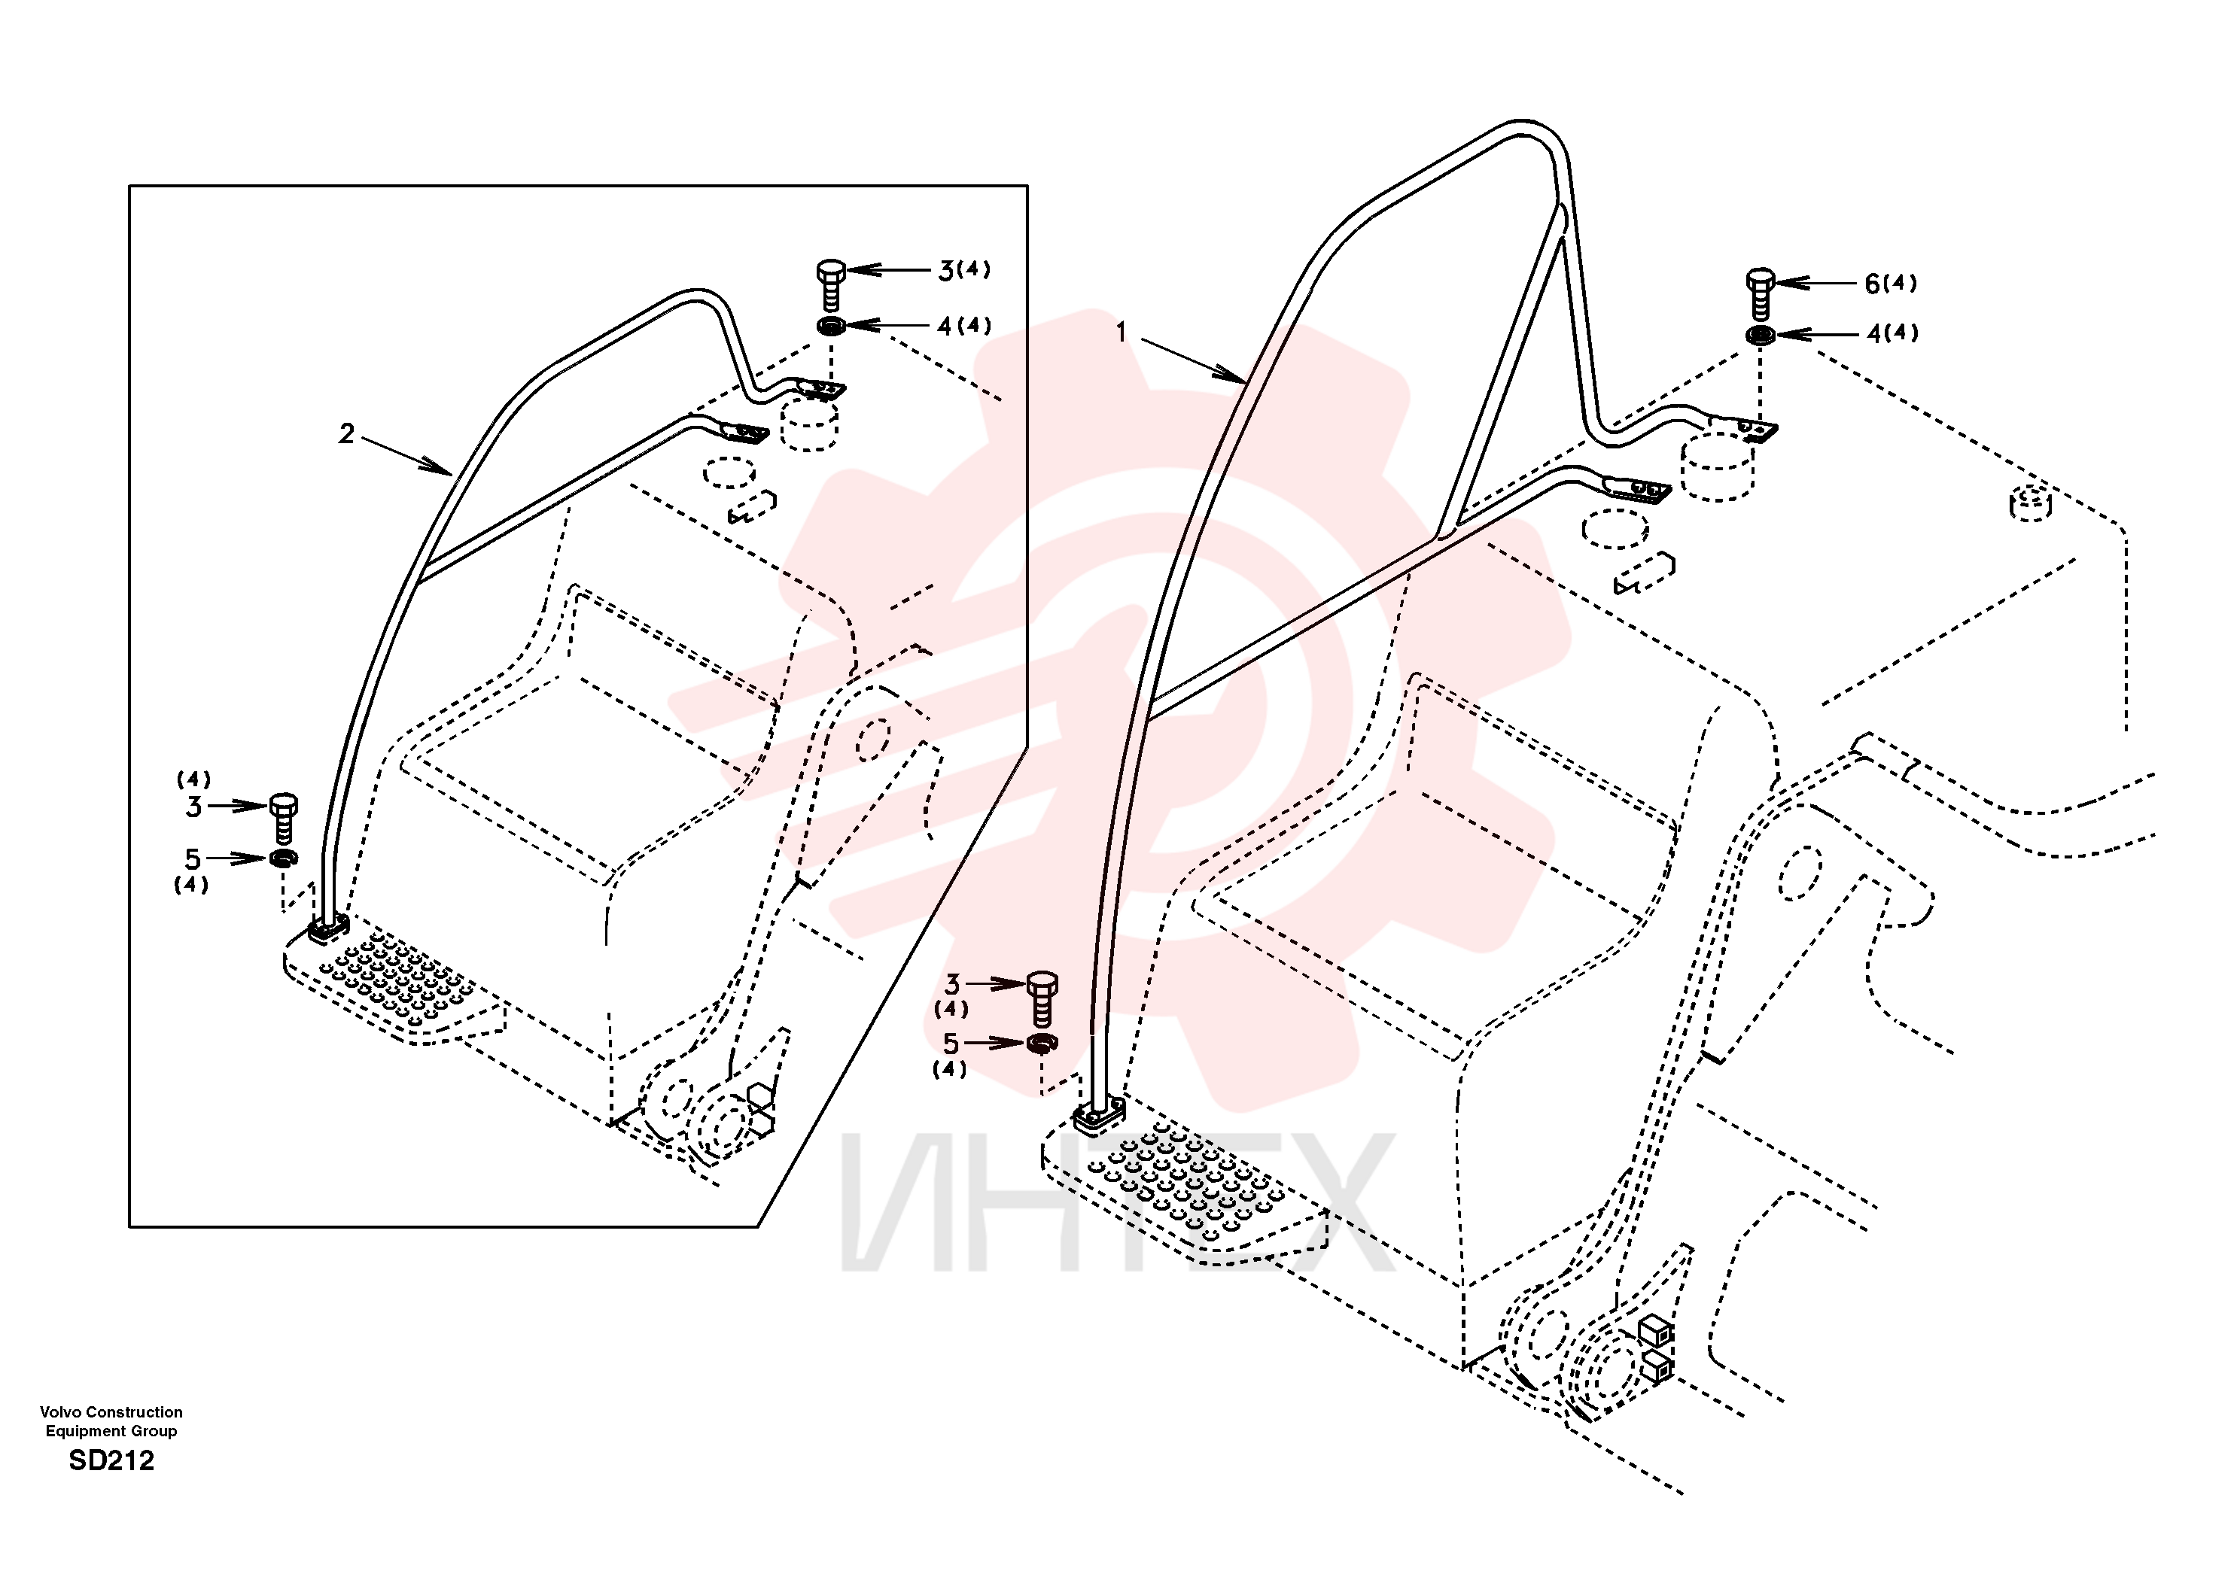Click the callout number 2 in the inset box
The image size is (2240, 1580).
point(346,433)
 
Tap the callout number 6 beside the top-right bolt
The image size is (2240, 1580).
point(1872,284)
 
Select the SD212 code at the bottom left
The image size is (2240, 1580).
point(111,1460)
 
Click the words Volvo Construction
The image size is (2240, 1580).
point(111,1411)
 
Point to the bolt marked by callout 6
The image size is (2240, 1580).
point(1760,293)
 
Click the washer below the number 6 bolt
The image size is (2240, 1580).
point(1760,336)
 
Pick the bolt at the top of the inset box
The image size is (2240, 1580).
point(831,285)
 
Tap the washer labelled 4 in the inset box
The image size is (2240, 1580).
point(831,326)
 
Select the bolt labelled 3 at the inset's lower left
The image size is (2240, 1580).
point(283,817)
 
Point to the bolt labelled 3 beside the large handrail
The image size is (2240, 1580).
point(1042,998)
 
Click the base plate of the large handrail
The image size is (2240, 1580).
point(1098,1115)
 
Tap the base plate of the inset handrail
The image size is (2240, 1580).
point(328,929)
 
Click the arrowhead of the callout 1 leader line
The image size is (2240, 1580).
point(1235,375)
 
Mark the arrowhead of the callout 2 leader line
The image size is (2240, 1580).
point(438,467)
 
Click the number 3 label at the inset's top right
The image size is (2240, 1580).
point(946,271)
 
